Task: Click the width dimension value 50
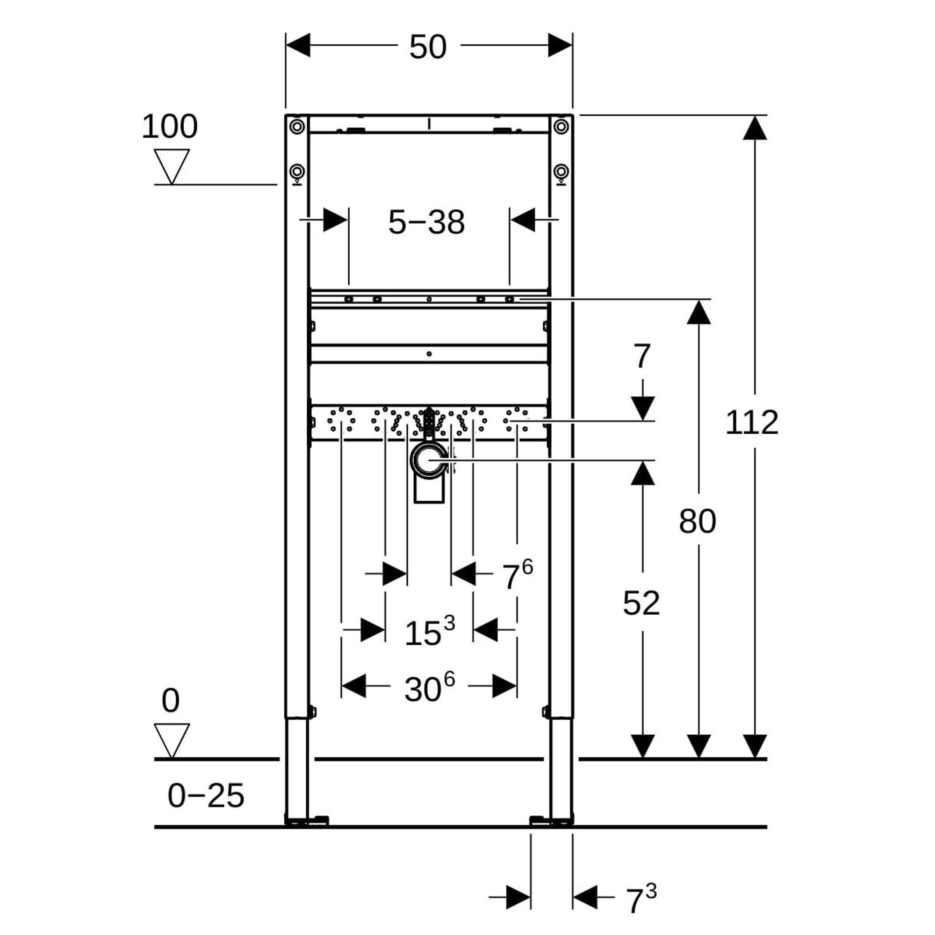tap(428, 47)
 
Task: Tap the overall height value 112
tap(752, 422)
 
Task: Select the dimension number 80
tap(698, 522)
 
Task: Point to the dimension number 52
tap(641, 603)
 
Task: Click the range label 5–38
tap(426, 223)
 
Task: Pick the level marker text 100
tap(169, 127)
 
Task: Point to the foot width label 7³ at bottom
tap(641, 899)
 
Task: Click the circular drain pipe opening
tap(428, 461)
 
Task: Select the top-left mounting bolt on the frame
tap(297, 127)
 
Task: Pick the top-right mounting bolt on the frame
tap(561, 127)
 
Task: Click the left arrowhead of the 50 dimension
tap(298, 45)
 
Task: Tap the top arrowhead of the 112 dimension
tap(755, 128)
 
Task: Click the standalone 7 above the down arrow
tap(642, 357)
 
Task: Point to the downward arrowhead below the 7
tap(643, 408)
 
